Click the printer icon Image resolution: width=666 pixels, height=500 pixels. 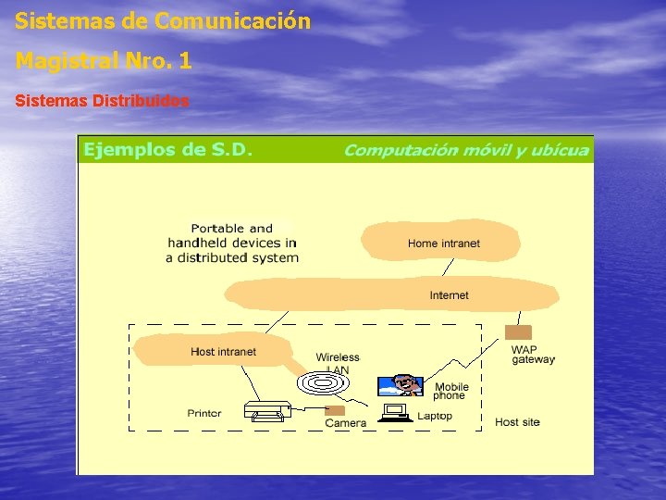(x=268, y=410)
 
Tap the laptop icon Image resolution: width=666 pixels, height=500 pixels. (x=394, y=412)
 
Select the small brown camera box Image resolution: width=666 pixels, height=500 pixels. (x=335, y=410)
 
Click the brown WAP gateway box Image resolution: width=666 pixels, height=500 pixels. (x=518, y=332)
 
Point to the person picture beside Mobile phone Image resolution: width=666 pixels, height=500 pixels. (x=402, y=385)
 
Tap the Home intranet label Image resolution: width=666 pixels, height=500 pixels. (x=444, y=244)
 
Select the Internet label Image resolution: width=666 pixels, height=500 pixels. (x=449, y=295)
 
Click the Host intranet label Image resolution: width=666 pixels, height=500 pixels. (x=223, y=352)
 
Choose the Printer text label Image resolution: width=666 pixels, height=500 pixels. (x=204, y=413)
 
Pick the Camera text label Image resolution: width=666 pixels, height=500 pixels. (x=345, y=423)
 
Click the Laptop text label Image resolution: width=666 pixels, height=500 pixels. (x=435, y=416)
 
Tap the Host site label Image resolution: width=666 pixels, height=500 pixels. (x=517, y=422)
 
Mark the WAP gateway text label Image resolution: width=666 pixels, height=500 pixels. (x=533, y=355)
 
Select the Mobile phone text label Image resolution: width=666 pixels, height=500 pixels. (x=451, y=392)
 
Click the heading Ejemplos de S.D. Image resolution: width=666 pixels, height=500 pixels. (x=167, y=149)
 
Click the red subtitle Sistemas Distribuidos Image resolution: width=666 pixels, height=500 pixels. (x=102, y=100)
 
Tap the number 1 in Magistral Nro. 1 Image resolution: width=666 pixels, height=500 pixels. (x=186, y=61)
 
